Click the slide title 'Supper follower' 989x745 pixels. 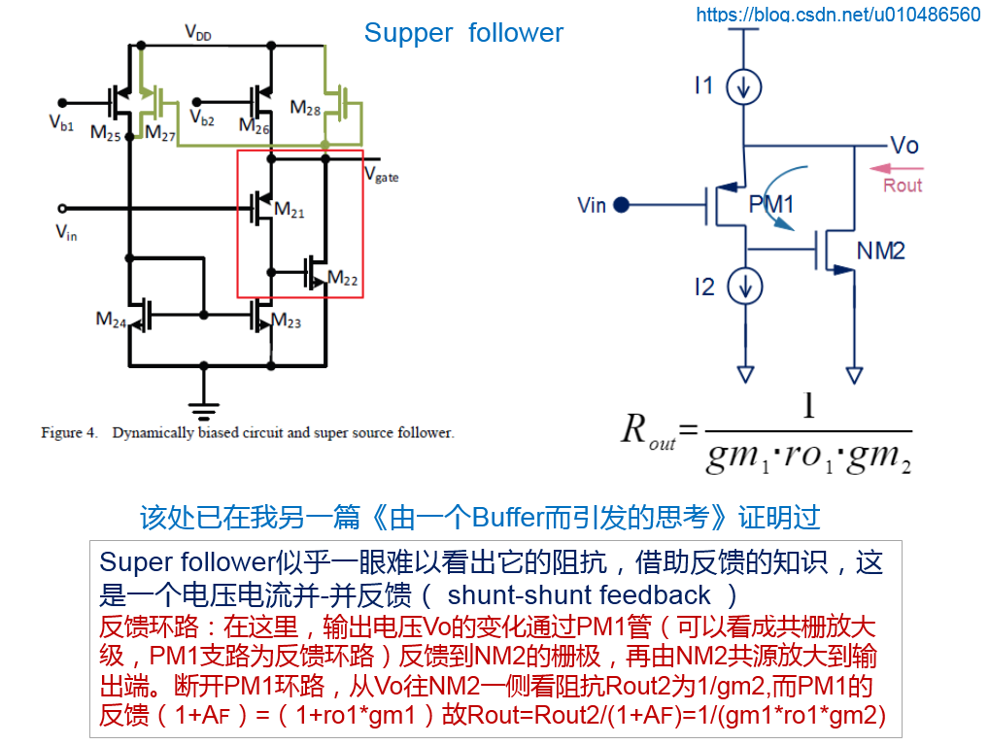[x=463, y=33]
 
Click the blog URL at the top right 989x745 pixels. [x=838, y=14]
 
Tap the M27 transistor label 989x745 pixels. [x=160, y=133]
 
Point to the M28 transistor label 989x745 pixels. [x=305, y=108]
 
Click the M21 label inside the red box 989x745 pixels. [x=289, y=209]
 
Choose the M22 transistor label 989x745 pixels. [x=343, y=279]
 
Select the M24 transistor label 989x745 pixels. [x=111, y=319]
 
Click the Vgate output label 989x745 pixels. [x=381, y=176]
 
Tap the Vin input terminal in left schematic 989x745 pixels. [x=63, y=208]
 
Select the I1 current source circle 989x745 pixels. [x=744, y=87]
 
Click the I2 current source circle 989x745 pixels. [x=745, y=287]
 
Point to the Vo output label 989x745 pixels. [x=904, y=146]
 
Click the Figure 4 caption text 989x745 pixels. [x=247, y=433]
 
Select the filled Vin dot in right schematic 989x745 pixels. [x=622, y=205]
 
